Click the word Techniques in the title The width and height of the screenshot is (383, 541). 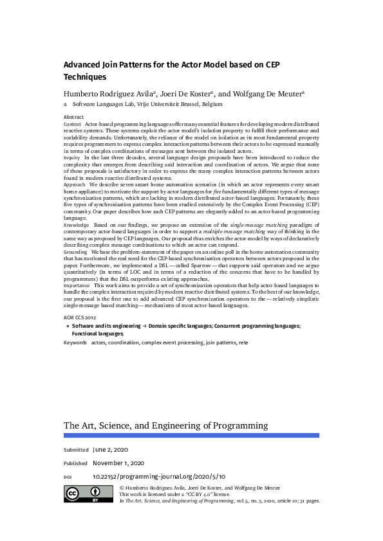(x=85, y=77)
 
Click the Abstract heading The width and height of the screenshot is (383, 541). (x=73, y=117)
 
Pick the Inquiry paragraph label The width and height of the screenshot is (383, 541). (x=71, y=157)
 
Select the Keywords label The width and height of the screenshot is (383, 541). (x=75, y=343)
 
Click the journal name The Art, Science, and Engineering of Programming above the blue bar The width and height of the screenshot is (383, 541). (x=165, y=425)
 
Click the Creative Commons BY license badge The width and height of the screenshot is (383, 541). (x=86, y=493)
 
